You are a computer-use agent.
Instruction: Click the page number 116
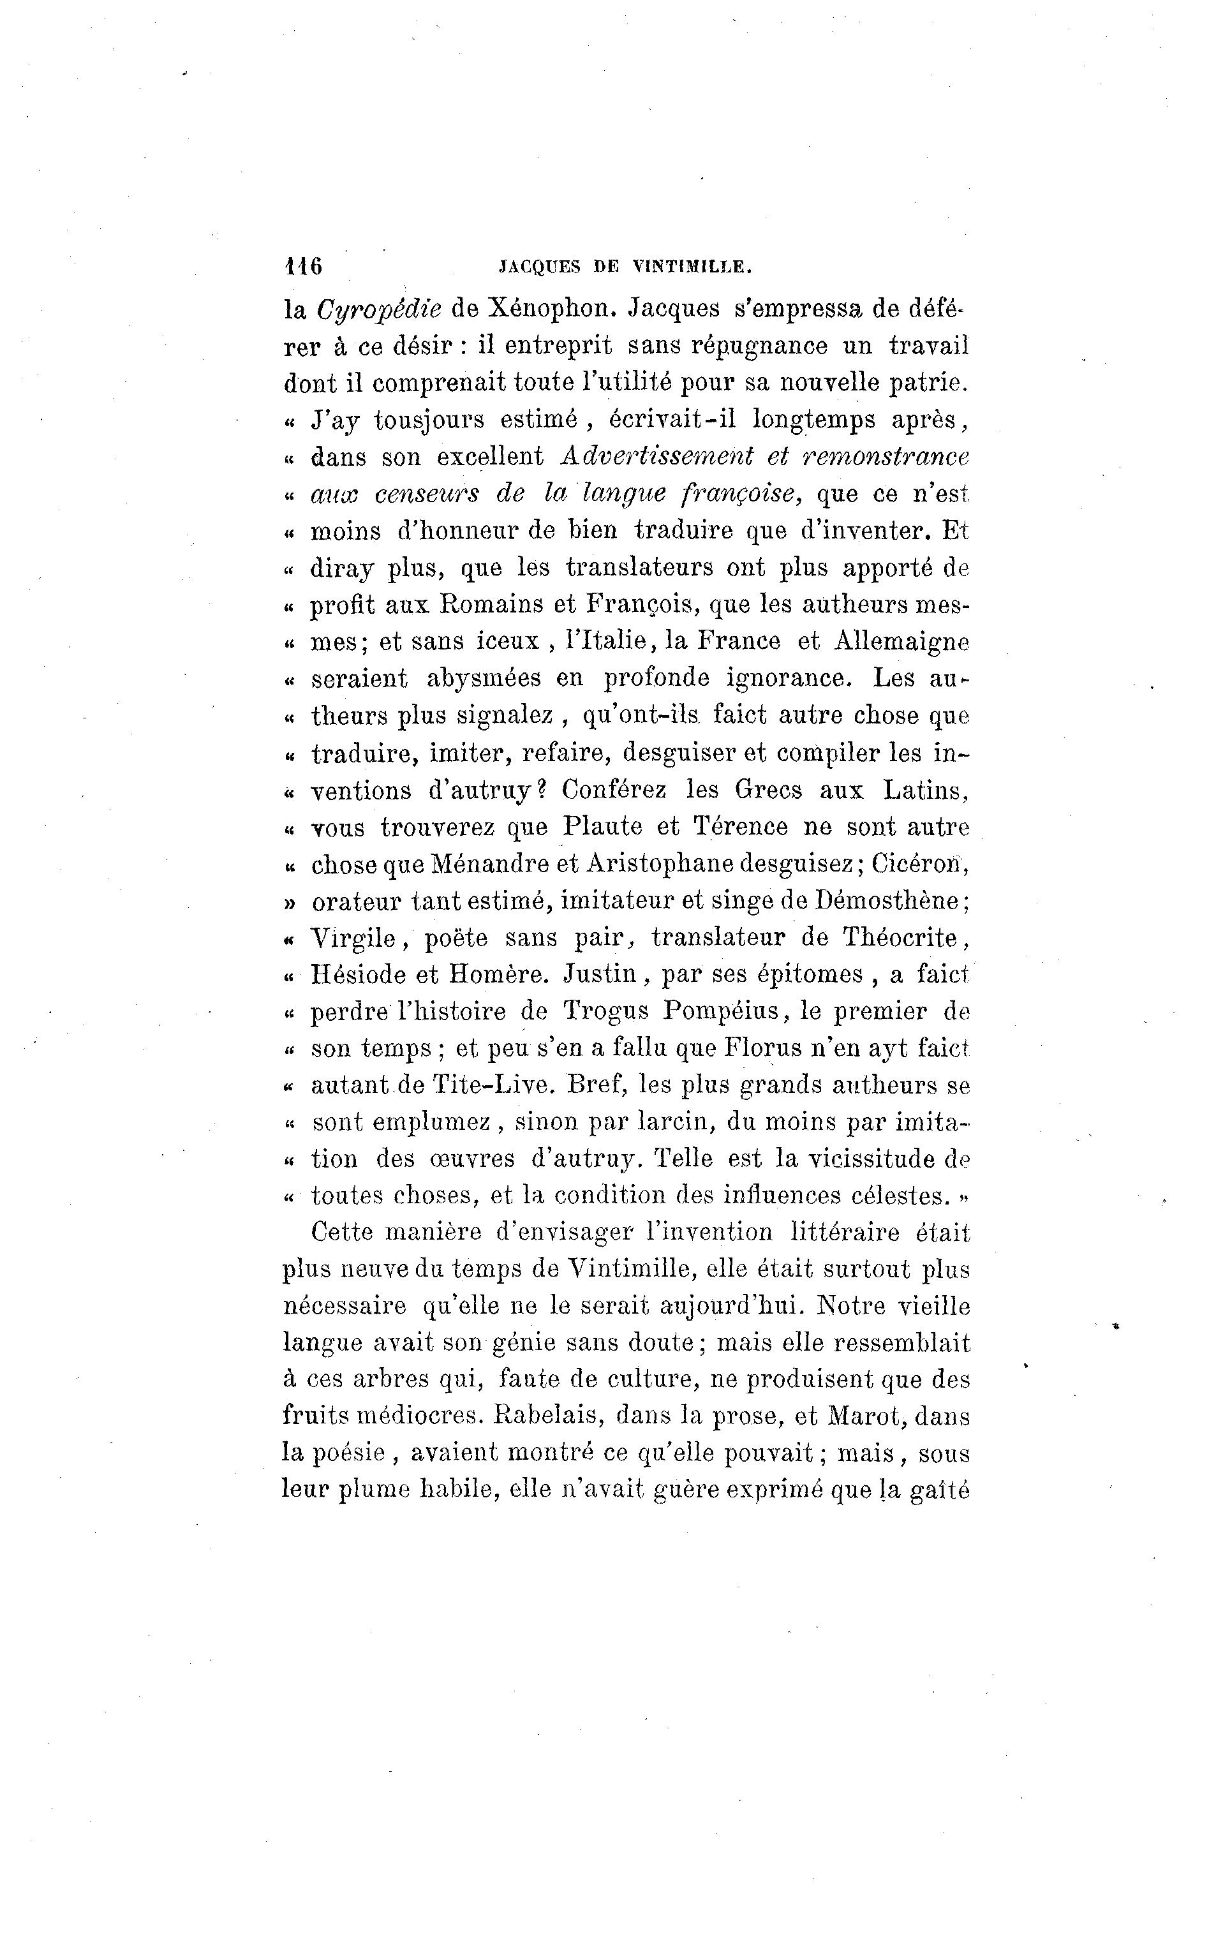[302, 266]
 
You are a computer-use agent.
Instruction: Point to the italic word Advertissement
[656, 457]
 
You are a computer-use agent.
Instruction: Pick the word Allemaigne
[901, 641]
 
